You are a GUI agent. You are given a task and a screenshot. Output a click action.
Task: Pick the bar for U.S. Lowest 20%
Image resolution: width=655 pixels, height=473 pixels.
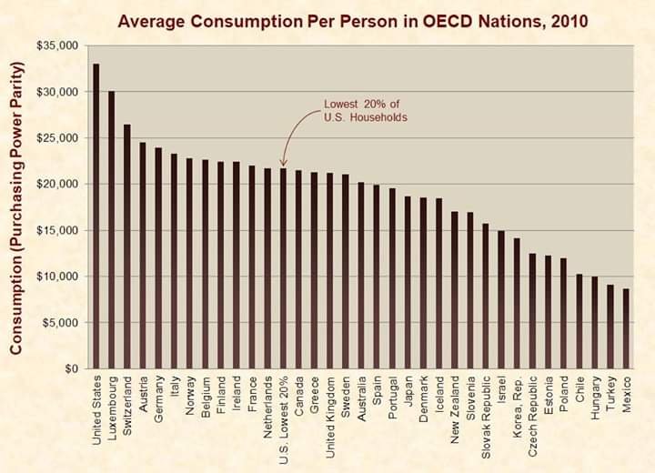point(284,268)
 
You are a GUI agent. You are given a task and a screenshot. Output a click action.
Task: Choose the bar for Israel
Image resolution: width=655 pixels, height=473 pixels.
point(501,299)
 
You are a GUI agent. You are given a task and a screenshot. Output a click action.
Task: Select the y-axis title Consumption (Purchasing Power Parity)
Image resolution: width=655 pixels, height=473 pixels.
point(16,208)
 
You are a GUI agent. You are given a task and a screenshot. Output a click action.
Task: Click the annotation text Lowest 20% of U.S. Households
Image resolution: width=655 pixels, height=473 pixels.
point(365,111)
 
